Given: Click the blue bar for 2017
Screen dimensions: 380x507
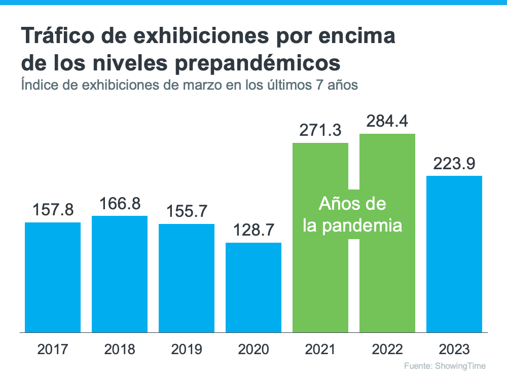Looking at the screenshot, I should [x=53, y=277].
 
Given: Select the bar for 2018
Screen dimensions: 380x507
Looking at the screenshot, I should [x=120, y=274].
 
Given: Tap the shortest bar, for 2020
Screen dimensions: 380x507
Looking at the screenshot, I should [x=253, y=287].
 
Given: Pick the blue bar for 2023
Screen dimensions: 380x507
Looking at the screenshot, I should [x=454, y=254].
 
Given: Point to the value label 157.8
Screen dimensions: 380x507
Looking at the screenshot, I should [x=53, y=210].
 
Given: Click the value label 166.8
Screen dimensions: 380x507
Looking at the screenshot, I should [x=120, y=203].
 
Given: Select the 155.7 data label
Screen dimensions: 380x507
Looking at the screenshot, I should [x=187, y=211].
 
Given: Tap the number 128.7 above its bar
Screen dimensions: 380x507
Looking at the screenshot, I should [x=253, y=231].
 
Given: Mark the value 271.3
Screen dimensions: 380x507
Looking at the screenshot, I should [x=320, y=131].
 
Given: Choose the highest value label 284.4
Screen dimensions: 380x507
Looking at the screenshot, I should [x=387, y=122].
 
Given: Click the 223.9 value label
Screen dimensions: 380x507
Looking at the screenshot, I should [x=454, y=164].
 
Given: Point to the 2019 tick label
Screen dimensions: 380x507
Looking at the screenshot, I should [x=187, y=349].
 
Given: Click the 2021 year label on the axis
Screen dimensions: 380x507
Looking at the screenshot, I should [x=320, y=349].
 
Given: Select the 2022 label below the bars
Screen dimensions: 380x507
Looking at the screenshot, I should [x=387, y=349].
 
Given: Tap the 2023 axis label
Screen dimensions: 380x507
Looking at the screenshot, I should [x=454, y=349].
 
